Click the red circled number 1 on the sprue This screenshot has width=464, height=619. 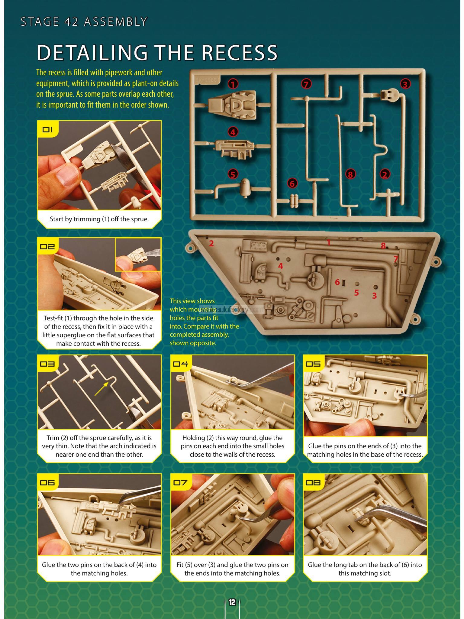(233, 84)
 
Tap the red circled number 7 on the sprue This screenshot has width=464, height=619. (306, 84)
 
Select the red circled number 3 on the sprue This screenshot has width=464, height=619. (405, 84)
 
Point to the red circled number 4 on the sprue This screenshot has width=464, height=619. (233, 132)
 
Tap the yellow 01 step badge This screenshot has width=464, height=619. (48, 130)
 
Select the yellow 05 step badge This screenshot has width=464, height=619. (313, 364)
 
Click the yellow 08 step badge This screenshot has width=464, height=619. (313, 482)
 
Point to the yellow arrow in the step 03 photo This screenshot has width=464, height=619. (101, 388)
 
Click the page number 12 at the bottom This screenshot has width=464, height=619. (232, 602)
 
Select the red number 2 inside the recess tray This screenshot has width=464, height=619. (211, 243)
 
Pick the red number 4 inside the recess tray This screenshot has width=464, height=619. (281, 266)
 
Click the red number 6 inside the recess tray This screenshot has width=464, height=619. (337, 282)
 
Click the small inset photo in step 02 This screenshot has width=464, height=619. (138, 254)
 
